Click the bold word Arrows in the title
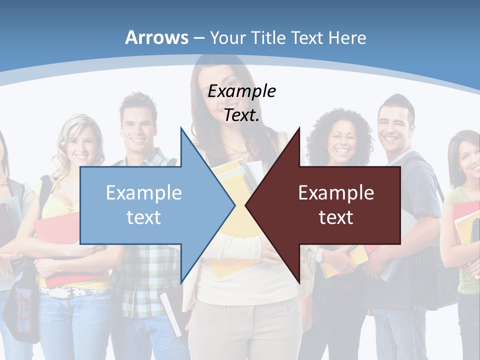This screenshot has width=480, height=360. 156,37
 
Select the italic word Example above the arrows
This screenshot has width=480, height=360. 241,91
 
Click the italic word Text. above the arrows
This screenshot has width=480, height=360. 241,115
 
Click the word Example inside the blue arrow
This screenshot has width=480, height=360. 143,192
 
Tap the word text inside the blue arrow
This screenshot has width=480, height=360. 143,217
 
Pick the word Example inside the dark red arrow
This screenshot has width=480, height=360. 336,192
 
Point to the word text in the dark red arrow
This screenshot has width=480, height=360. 336,217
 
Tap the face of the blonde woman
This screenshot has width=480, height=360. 80,145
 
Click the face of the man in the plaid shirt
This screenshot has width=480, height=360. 137,122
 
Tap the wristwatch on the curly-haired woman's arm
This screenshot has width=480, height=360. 319,256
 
